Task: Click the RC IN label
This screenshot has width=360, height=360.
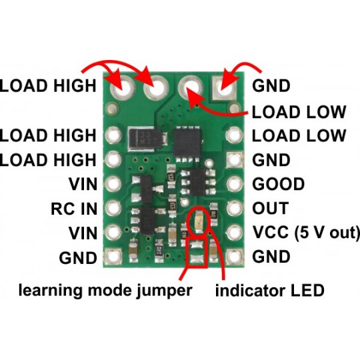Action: pos(73,208)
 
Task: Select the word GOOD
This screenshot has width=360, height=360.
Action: pos(279,184)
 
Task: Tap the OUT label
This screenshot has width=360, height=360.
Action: pos(271,208)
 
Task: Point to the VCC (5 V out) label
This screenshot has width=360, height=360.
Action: pos(306,233)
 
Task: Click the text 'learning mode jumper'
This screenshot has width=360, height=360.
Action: pos(105,291)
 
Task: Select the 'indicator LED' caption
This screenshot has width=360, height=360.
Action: pos(270,291)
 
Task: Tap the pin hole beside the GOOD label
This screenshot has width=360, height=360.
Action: pos(234,184)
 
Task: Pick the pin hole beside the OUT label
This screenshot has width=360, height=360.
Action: pos(234,208)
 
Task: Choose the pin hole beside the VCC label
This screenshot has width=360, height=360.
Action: pos(234,233)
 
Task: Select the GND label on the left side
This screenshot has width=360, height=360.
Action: pos(78,257)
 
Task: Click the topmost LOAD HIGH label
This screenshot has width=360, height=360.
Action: pos(49,85)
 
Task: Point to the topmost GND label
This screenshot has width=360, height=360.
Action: pos(271,85)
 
